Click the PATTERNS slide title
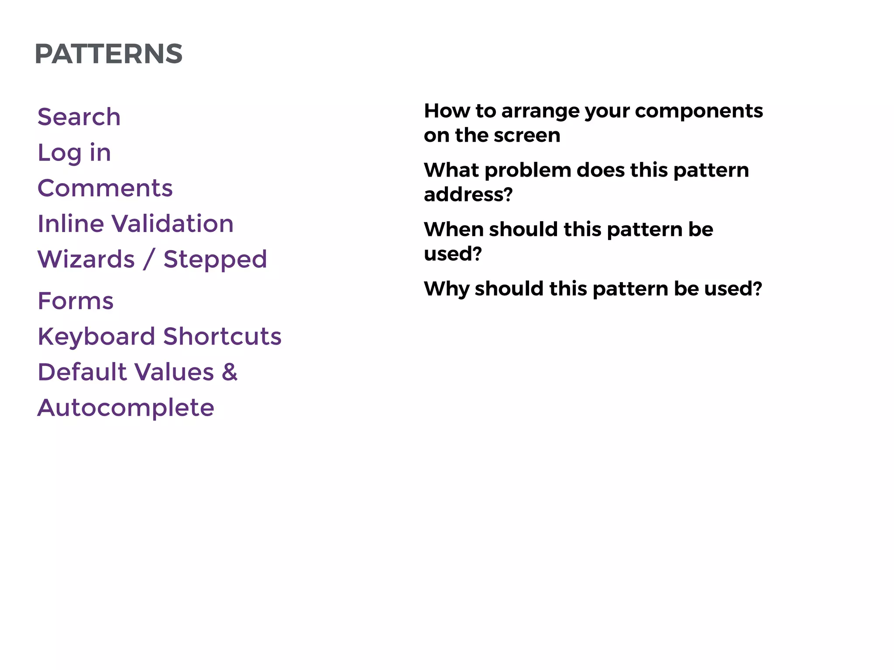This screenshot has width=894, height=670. pyautogui.click(x=108, y=54)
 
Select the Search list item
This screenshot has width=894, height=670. pyautogui.click(x=79, y=117)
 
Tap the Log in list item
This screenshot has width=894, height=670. pyautogui.click(x=74, y=153)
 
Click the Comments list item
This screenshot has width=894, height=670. pyautogui.click(x=105, y=188)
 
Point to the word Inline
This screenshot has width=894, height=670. pyautogui.click(x=71, y=224)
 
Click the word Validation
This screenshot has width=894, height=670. pyautogui.click(x=173, y=224)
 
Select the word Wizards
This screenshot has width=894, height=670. pyautogui.click(x=86, y=260)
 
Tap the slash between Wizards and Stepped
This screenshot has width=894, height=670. pyautogui.click(x=149, y=260)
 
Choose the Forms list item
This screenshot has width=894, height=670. pyautogui.click(x=76, y=301)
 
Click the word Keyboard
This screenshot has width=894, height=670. pyautogui.click(x=96, y=337)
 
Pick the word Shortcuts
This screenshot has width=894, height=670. pyautogui.click(x=222, y=337)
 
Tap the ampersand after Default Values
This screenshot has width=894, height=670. pyautogui.click(x=230, y=372)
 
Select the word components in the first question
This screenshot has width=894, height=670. pyautogui.click(x=699, y=111)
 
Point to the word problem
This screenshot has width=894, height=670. pyautogui.click(x=528, y=171)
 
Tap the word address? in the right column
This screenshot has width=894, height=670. pyautogui.click(x=468, y=195)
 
